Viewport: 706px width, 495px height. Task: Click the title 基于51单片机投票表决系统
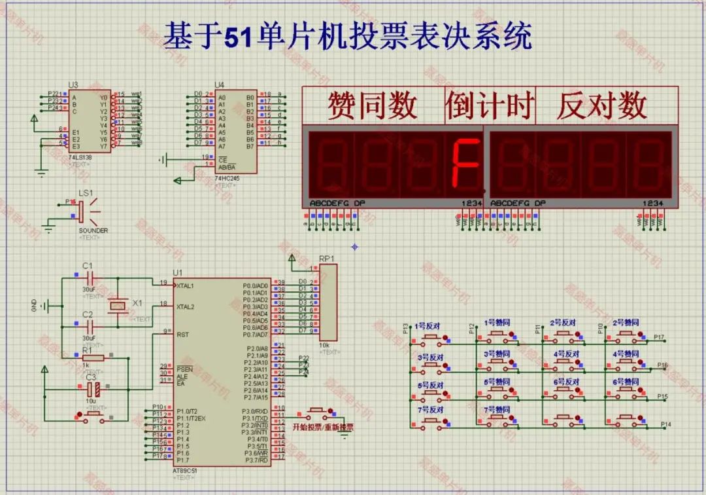[347, 36]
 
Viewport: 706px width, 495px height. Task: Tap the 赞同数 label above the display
[372, 105]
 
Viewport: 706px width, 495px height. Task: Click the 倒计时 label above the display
[490, 105]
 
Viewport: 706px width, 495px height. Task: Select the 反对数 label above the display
[601, 105]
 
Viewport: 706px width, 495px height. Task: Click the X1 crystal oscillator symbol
[118, 305]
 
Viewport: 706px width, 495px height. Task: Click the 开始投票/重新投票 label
[322, 428]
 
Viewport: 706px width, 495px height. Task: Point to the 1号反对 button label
[429, 325]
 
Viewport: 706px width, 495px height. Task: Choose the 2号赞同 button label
[626, 323]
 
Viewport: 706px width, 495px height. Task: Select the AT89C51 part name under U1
[186, 471]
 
